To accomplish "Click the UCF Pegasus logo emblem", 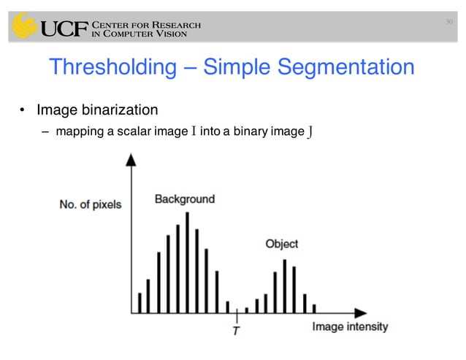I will [x=22, y=26].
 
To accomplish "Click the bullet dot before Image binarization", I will [x=23, y=111].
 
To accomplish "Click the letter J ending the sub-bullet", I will [x=311, y=132].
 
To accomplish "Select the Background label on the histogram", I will [x=184, y=199].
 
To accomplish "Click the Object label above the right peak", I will [x=281, y=244].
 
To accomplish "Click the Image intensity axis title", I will [x=350, y=326].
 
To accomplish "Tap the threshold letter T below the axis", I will [x=236, y=331].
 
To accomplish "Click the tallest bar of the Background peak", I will [x=188, y=262].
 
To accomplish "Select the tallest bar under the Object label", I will [x=284, y=286].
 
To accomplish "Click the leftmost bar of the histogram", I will [x=139, y=302].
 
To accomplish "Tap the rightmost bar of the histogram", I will [x=314, y=308].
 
